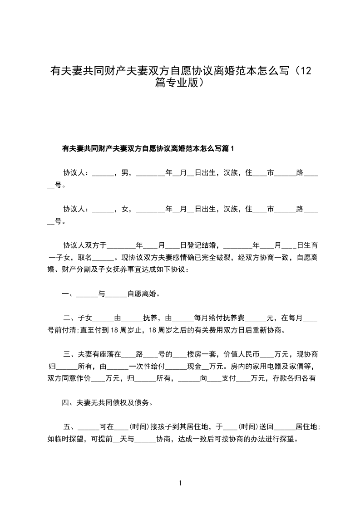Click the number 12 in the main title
click(305, 71)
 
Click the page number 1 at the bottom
click(180, 483)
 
